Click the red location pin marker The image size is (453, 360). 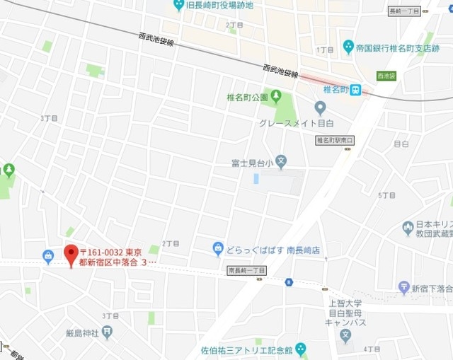pos(71,254)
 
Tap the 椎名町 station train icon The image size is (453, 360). pos(355,90)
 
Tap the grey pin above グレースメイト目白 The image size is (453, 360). pos(320,108)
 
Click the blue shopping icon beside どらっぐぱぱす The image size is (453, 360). pos(218,248)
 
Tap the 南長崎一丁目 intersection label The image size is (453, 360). pos(247,270)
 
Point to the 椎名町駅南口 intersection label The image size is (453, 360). pos(334,140)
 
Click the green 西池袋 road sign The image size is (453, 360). pos(386,76)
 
